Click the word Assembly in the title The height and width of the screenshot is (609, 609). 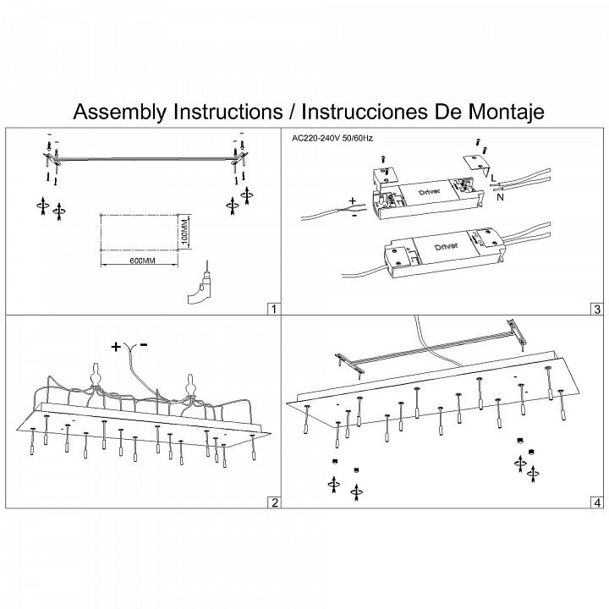[120, 112]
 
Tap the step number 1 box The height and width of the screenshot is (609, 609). [272, 309]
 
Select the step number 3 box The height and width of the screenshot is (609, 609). [597, 309]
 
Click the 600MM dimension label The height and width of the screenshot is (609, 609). [143, 260]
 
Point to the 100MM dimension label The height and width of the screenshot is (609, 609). [185, 230]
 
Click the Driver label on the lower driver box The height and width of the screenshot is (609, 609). [447, 245]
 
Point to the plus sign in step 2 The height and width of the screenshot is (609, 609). [116, 346]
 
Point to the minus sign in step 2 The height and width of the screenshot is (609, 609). [145, 345]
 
